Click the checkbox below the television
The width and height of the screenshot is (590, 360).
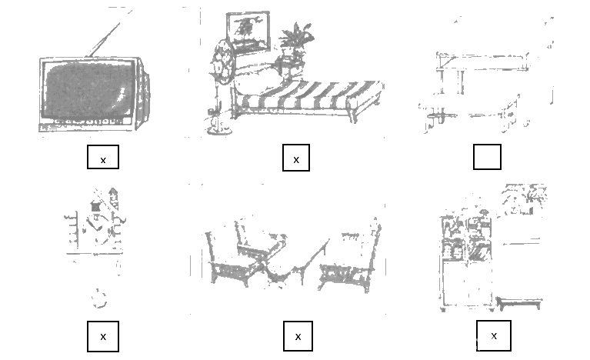coord(103,157)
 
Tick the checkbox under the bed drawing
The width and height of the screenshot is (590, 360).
coord(296,158)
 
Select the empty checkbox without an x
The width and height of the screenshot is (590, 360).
coord(487,157)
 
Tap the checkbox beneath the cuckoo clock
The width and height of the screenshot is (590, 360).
coord(103,336)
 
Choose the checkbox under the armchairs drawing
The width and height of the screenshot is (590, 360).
coord(298,336)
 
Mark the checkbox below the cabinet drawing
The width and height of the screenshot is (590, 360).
coord(493,336)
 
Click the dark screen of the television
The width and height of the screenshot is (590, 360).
coord(89,89)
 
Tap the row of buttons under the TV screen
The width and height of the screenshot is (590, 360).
coord(88,122)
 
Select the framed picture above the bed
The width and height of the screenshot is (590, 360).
coord(248,32)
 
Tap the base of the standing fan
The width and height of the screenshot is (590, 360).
coord(218,130)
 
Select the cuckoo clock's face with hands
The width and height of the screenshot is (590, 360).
coord(97,225)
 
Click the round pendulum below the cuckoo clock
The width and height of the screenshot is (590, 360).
coord(99,298)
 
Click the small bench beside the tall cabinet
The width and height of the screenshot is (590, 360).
coord(519,303)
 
